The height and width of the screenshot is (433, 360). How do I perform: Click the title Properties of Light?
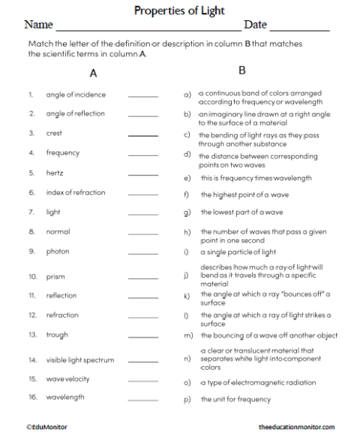pos(179,11)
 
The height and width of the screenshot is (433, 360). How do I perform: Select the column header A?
pos(93,74)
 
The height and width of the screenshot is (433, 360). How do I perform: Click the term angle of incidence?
pos(76,95)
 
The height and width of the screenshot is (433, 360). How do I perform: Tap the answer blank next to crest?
pos(143,135)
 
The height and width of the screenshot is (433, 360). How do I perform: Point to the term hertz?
pos(56,173)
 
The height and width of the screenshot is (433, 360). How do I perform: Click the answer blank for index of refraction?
pos(143,194)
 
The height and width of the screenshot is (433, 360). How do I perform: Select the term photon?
pos(58,251)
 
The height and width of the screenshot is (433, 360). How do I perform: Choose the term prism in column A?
pos(55,277)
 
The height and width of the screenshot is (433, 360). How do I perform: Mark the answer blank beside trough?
pos(143,335)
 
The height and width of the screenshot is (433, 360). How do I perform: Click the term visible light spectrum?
pos(80,360)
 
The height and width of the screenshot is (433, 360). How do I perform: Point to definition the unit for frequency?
pos(235,399)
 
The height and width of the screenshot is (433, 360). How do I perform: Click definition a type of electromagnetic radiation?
pos(258,383)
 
